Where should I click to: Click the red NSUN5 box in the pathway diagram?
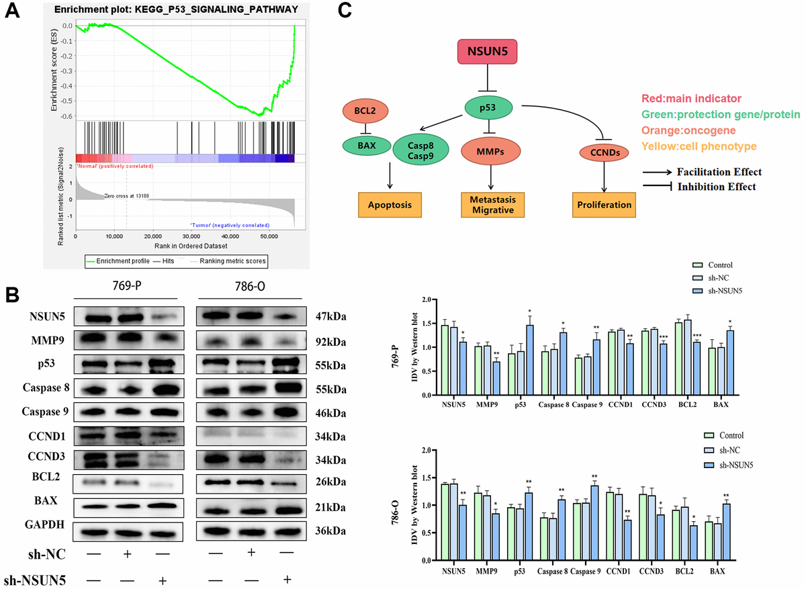click(x=488, y=52)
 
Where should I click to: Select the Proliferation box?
click(x=604, y=203)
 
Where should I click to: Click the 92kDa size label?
click(x=332, y=342)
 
